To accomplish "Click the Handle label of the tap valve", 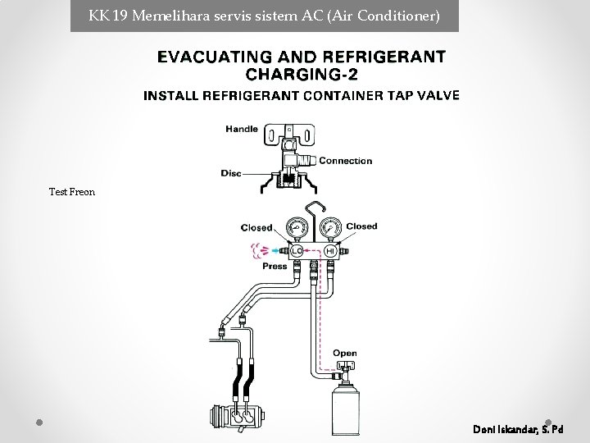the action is click(242, 130).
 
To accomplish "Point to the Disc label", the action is click(231, 173).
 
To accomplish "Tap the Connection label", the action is click(346, 161).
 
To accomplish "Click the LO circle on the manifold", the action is click(297, 251).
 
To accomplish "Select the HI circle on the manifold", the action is click(330, 251).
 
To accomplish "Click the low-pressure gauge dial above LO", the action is click(297, 228).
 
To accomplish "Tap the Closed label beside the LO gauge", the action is click(256, 228).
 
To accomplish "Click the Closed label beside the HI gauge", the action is click(361, 226).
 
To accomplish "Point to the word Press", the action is click(275, 267).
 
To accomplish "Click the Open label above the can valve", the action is click(345, 354).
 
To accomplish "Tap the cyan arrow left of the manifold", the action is click(276, 250).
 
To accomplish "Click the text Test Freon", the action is click(72, 192).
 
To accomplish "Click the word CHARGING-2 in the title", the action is click(302, 74).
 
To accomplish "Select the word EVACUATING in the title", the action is click(215, 57).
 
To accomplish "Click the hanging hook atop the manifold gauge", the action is click(314, 212).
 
